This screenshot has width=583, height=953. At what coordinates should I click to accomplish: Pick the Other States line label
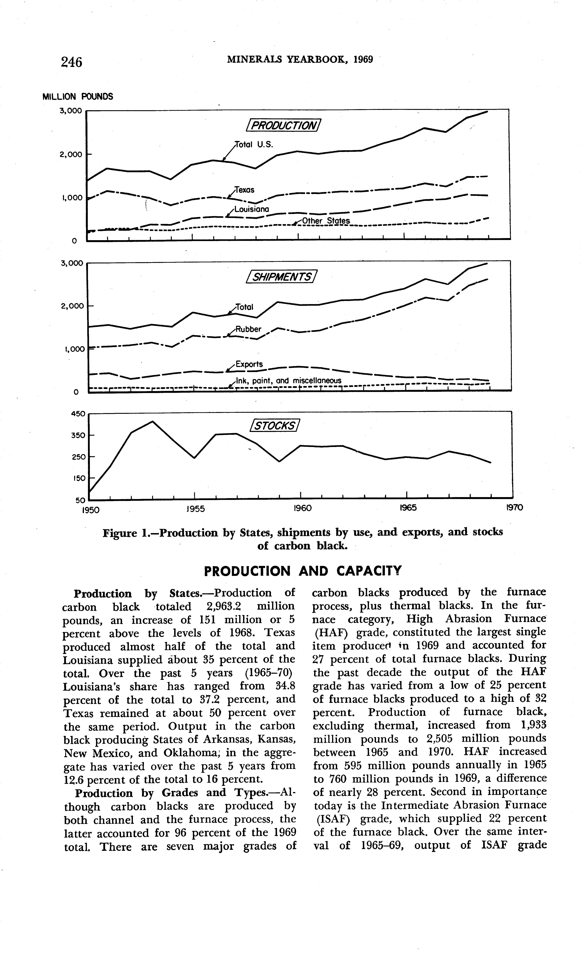pyautogui.click(x=326, y=221)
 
